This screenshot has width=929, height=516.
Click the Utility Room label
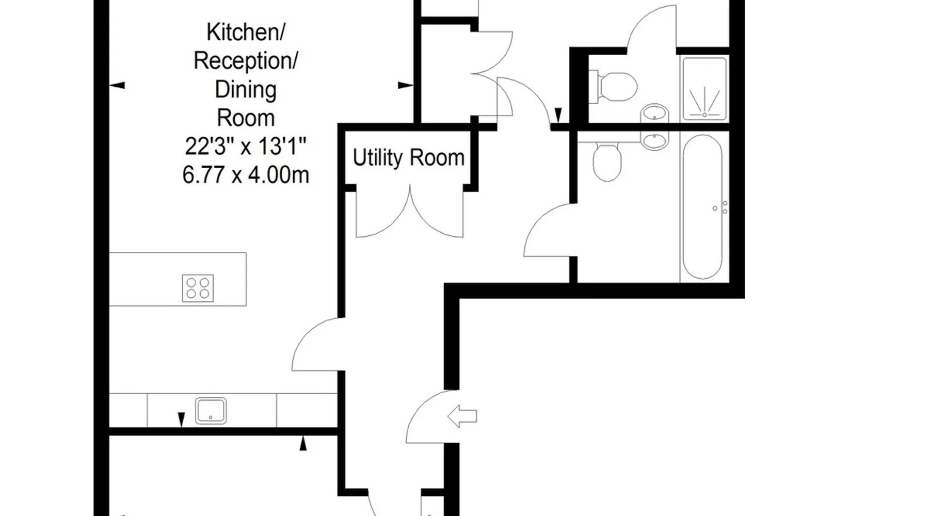[408, 158]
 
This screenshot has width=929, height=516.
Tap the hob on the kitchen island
[198, 288]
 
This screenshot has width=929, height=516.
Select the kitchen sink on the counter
[211, 411]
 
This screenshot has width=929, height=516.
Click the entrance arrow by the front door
[462, 416]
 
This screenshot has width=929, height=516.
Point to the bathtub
[702, 207]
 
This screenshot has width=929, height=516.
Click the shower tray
[704, 89]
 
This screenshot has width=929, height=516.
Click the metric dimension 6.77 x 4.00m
[246, 174]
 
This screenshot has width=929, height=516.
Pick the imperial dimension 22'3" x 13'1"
[246, 147]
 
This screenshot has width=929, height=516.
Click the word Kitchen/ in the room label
[246, 33]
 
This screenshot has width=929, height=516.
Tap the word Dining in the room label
[246, 89]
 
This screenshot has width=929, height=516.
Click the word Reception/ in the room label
[246, 61]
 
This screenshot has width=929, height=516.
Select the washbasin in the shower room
[654, 113]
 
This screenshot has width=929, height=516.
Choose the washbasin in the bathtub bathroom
[654, 139]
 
